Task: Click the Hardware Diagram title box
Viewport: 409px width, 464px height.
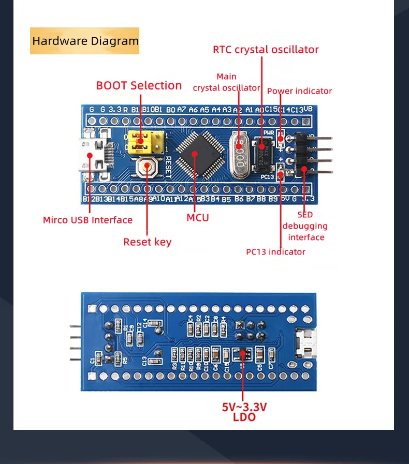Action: [x=85, y=41]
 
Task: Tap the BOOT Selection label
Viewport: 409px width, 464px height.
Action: [x=139, y=85]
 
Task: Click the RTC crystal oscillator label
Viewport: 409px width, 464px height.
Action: [x=266, y=50]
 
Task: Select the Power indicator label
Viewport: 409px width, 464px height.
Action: [x=299, y=91]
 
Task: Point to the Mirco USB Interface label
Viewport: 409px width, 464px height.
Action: [x=87, y=220]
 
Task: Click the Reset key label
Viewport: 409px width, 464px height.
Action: [x=147, y=242]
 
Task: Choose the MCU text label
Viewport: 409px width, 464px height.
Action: [x=197, y=218]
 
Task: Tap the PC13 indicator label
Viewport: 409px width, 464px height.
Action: [x=275, y=252]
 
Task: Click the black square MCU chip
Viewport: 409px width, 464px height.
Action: [x=195, y=153]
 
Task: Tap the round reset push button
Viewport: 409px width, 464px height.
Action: [x=148, y=167]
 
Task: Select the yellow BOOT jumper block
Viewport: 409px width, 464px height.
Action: [x=147, y=143]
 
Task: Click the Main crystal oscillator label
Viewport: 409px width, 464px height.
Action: [x=226, y=82]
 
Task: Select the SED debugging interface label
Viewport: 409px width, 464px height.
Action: [x=305, y=226]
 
